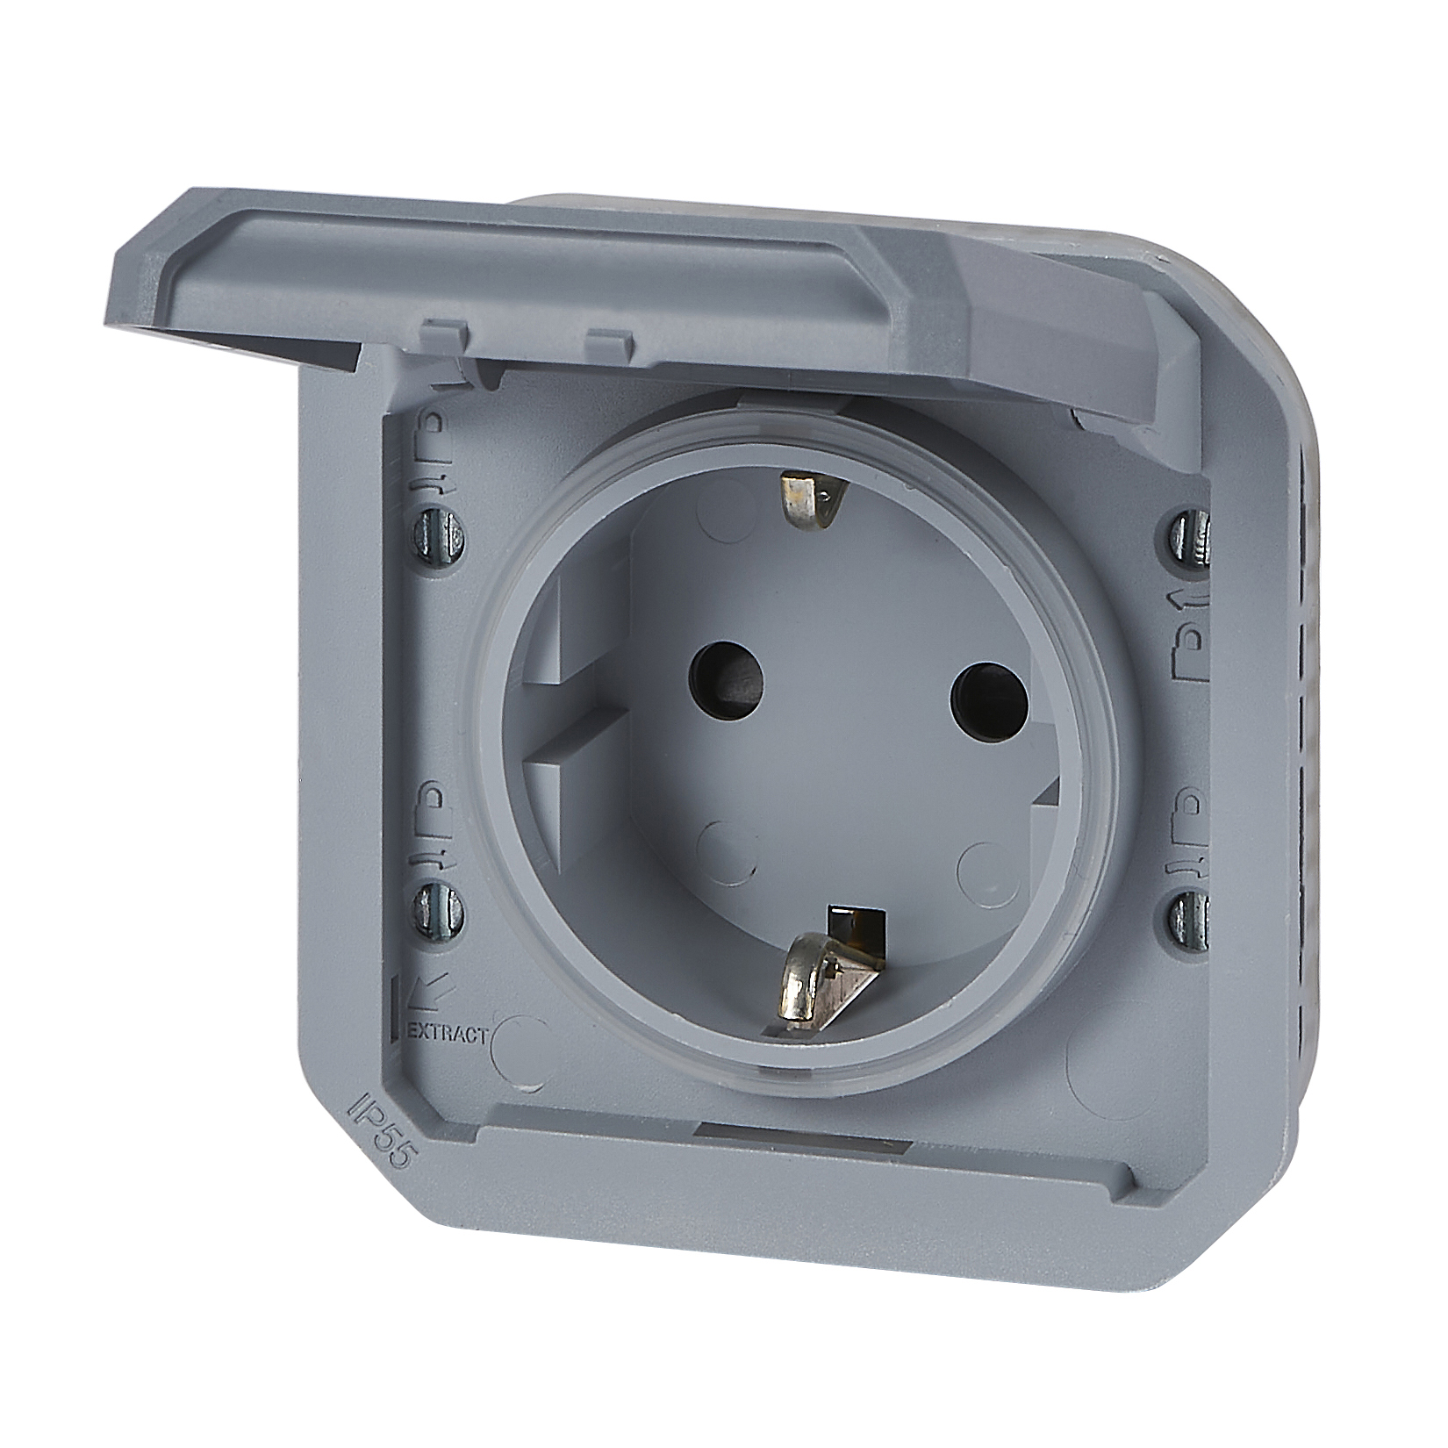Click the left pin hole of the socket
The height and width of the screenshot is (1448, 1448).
point(725,681)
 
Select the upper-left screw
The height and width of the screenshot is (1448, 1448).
point(437,532)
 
